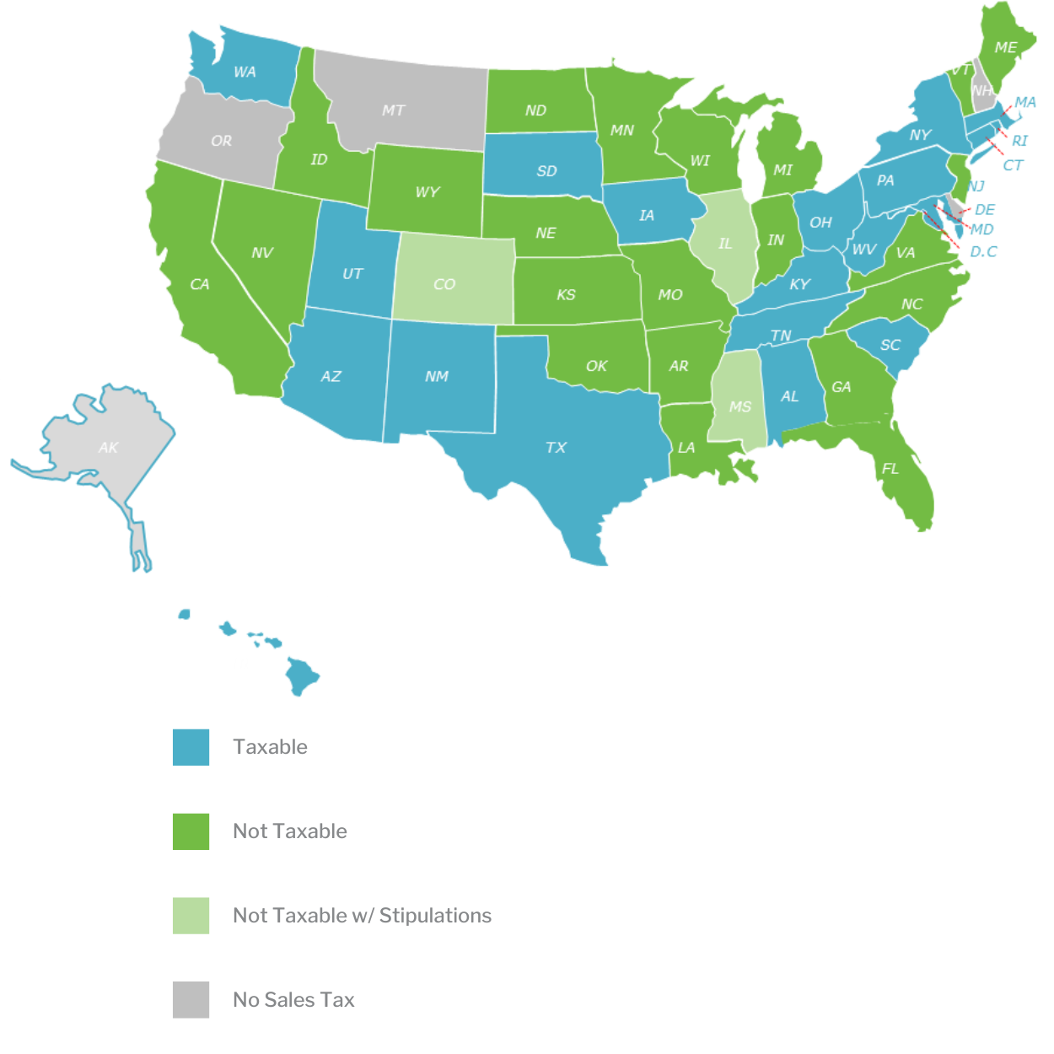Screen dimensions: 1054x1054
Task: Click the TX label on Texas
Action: [x=556, y=447]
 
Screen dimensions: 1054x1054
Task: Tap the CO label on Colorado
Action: [x=444, y=284]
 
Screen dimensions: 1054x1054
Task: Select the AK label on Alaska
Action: [x=109, y=447]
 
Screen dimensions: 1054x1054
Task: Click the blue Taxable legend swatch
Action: [x=191, y=747]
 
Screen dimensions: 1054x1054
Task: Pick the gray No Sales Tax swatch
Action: [x=191, y=1000]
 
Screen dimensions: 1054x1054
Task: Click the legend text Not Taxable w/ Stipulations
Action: [x=362, y=916]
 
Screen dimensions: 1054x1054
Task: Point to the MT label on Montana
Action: [x=393, y=110]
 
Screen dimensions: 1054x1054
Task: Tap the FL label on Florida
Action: [x=890, y=469]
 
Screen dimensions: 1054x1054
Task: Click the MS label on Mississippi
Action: [x=740, y=406]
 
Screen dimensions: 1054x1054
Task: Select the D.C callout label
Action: [x=983, y=251]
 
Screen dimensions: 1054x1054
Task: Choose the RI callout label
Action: [x=1019, y=141]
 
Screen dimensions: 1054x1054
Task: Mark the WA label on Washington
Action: [x=245, y=72]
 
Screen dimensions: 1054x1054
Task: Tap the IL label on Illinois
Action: [x=725, y=244]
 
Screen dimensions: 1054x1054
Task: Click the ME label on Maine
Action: [x=1005, y=47]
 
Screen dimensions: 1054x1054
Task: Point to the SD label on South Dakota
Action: [x=546, y=170]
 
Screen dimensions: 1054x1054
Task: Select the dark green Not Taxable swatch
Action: [x=191, y=831]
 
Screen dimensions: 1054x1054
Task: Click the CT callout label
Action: [x=1013, y=165]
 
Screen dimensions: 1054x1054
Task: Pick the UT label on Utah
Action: [x=352, y=273]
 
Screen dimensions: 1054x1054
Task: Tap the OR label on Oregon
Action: [x=221, y=141]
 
